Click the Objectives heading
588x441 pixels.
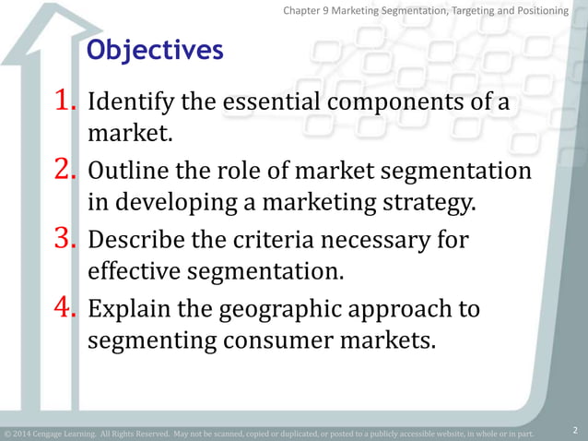point(155,51)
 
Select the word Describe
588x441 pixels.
point(134,241)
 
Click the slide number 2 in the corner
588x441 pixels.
point(574,430)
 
